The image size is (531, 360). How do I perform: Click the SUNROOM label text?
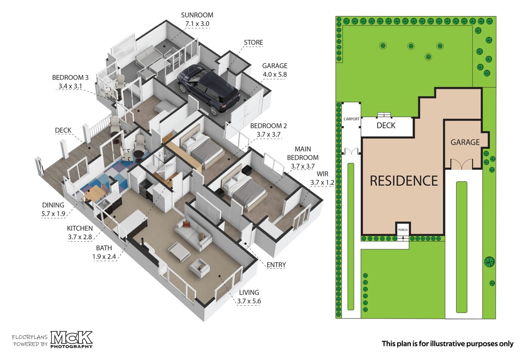197,15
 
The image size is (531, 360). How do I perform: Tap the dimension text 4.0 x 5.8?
275,74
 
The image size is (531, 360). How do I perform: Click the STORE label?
253,42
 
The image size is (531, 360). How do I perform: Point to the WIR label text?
322,174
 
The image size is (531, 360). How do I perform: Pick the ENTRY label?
276,265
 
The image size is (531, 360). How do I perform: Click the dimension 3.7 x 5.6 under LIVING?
249,301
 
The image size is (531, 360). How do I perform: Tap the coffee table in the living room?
179,252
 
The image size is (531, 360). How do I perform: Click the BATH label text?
104,248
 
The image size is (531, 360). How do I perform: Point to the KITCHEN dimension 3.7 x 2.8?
80,237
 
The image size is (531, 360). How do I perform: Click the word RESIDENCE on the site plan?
404,181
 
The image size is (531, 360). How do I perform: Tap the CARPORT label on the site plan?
351,119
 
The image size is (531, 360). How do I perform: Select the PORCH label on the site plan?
403,230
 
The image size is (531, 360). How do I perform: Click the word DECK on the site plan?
386,125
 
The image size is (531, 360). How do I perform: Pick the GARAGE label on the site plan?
465,142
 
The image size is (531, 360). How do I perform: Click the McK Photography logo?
71,339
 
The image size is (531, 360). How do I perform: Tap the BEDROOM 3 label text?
70,77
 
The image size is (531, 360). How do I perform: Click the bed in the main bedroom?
244,189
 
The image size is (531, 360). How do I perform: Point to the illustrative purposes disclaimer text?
448,344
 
